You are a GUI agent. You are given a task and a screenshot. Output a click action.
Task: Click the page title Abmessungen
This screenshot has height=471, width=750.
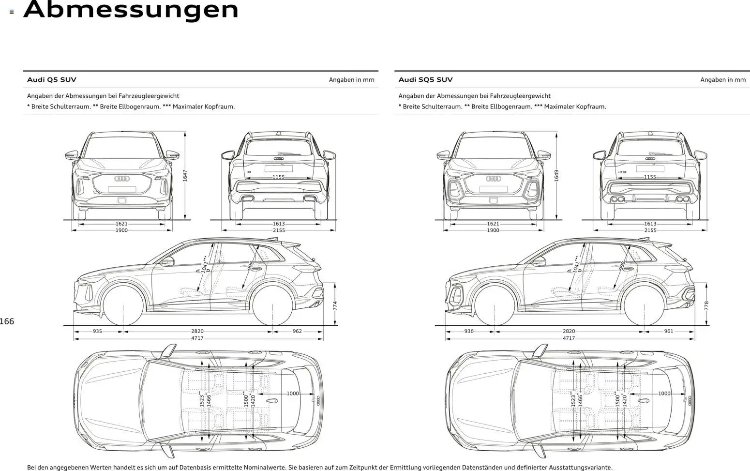(x=131, y=10)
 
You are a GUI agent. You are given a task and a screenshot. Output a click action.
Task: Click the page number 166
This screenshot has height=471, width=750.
(x=7, y=321)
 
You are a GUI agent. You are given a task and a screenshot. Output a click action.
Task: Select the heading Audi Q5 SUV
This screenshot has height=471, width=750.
(x=51, y=80)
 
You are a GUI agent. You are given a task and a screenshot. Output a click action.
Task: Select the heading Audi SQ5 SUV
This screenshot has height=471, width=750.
(x=425, y=80)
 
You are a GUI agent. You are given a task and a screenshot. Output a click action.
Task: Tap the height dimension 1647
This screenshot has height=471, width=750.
(x=185, y=175)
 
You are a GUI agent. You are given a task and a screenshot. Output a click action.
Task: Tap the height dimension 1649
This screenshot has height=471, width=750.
(x=556, y=175)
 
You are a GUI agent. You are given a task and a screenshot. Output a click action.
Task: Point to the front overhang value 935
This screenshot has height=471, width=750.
(x=97, y=332)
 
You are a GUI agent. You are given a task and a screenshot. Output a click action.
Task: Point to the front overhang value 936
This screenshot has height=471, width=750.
(x=468, y=332)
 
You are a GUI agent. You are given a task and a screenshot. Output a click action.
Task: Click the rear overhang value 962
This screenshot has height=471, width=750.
(x=297, y=332)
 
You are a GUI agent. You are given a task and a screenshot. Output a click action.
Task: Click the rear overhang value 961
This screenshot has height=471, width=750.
(x=669, y=332)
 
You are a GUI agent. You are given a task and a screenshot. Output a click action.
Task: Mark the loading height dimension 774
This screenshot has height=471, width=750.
(x=335, y=305)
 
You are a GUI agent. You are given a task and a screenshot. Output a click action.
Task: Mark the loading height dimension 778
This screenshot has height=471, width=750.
(x=706, y=305)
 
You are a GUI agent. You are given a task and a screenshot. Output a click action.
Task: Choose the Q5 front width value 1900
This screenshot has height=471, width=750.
(x=121, y=230)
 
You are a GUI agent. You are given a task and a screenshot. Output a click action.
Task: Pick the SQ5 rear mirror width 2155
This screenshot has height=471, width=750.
(x=650, y=230)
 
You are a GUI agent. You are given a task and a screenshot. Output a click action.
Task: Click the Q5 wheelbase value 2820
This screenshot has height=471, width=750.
(x=197, y=332)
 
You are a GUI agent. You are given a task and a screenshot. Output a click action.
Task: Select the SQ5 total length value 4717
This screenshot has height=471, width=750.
(x=569, y=338)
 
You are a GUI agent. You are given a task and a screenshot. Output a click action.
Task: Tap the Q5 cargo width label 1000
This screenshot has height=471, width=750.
(x=293, y=394)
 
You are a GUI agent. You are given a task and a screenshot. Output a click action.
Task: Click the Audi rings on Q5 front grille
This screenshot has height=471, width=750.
(x=122, y=179)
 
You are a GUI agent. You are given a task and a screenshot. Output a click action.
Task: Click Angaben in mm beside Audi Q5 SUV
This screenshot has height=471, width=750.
(x=351, y=80)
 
